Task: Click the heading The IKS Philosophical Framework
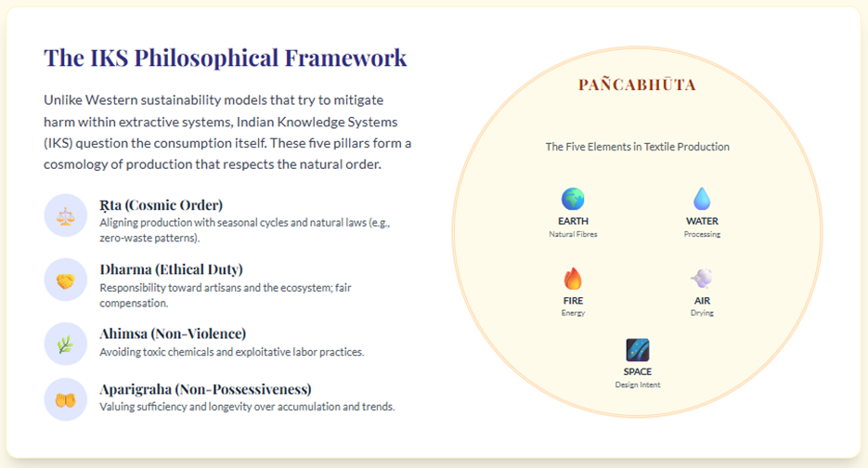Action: [226, 58]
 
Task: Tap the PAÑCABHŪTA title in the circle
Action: [637, 84]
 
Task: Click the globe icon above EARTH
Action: [573, 199]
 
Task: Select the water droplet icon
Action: [702, 199]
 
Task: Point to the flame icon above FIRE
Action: [573, 279]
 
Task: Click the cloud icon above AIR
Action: [702, 278]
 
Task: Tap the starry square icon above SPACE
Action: [637, 350]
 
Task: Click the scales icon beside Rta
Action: [65, 215]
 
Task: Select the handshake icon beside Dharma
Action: [65, 280]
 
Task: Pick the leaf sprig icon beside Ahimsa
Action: [65, 344]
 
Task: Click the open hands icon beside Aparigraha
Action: [65, 399]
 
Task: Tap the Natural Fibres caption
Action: [573, 234]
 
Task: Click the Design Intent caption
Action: [637, 385]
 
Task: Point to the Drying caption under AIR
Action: [702, 314]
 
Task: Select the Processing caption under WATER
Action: [702, 234]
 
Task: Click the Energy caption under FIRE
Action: [573, 314]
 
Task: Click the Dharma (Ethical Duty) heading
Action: [171, 269]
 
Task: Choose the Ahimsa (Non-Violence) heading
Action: [173, 334]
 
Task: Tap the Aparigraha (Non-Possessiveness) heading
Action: [205, 389]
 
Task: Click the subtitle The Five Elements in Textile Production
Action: [637, 147]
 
